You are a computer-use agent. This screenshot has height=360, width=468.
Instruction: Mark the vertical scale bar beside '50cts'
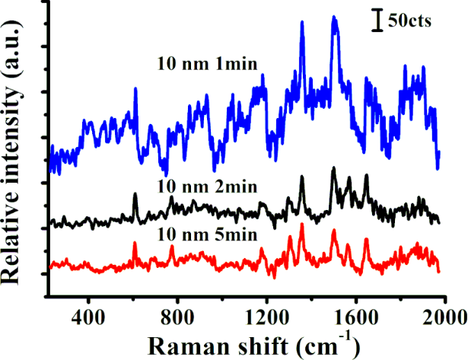coord(376,21)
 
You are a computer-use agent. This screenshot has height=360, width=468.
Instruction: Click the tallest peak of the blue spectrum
coord(334,18)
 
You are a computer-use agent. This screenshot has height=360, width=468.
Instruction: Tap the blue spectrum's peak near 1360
coord(302,24)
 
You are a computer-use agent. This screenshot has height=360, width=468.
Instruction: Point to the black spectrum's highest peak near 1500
coord(333,169)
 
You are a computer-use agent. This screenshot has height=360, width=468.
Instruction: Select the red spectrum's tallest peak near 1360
coord(302,225)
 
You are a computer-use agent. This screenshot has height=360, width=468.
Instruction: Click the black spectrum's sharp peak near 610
coord(135,195)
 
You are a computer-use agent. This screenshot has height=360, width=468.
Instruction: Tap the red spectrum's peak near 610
coord(135,244)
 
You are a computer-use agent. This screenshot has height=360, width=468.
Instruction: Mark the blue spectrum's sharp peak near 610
coord(135,90)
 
